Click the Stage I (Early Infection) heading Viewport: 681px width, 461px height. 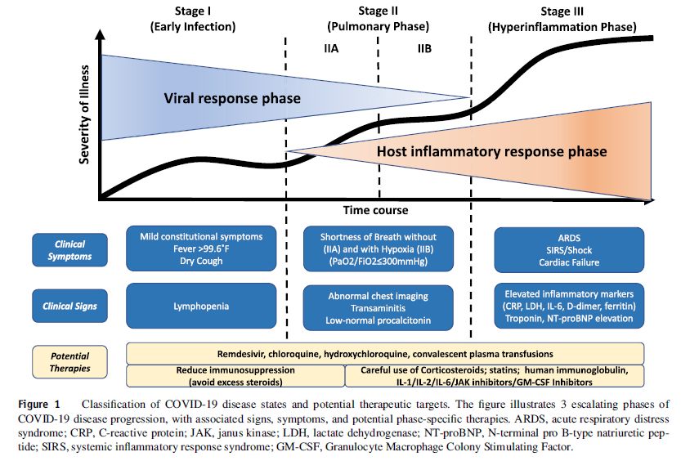pyautogui.click(x=193, y=19)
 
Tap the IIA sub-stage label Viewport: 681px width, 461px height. pyautogui.click(x=331, y=48)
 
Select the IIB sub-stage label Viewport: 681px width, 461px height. pyautogui.click(x=424, y=48)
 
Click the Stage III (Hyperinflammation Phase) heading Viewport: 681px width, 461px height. pyautogui.click(x=562, y=20)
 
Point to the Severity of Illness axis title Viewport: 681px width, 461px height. pyautogui.click(x=84, y=114)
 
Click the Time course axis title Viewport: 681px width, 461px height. pyautogui.click(x=376, y=211)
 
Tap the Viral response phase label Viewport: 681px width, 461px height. pyautogui.click(x=232, y=98)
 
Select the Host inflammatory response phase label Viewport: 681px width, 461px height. pyautogui.click(x=491, y=151)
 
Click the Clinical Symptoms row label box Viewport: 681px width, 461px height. pyautogui.click(x=69, y=250)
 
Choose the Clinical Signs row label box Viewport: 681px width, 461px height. pyautogui.click(x=69, y=306)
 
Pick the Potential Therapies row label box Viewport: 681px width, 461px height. pyautogui.click(x=69, y=362)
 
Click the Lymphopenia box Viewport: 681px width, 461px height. pyautogui.click(x=201, y=306)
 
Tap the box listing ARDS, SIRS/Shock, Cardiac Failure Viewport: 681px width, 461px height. pyautogui.click(x=569, y=250)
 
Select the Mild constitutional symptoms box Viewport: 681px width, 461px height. pyautogui.click(x=201, y=248)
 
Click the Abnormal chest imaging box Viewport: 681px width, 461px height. pyautogui.click(x=379, y=308)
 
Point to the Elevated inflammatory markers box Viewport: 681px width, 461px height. pyautogui.click(x=569, y=306)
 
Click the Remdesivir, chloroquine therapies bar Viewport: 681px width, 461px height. pyautogui.click(x=385, y=354)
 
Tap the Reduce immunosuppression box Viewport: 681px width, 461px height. pyautogui.click(x=235, y=376)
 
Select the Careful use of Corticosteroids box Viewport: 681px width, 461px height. pyautogui.click(x=495, y=376)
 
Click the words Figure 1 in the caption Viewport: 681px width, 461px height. pyautogui.click(x=39, y=405)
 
